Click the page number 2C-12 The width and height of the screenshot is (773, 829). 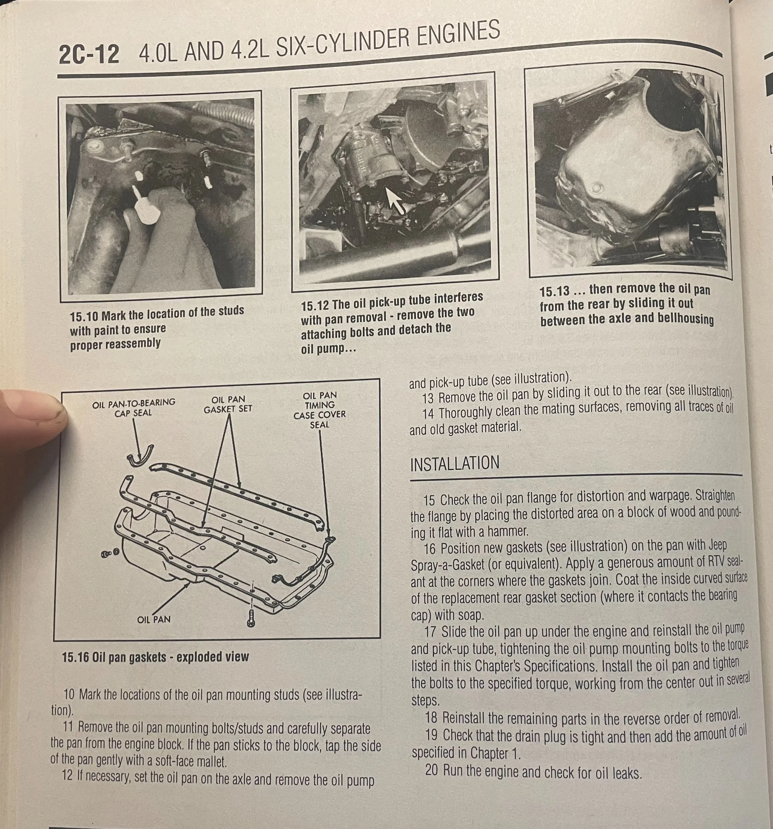point(89,55)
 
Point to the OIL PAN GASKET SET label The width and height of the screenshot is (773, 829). point(228,405)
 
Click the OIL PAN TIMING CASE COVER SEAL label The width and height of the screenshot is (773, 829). point(320,410)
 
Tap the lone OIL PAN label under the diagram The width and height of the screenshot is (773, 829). point(154,619)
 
